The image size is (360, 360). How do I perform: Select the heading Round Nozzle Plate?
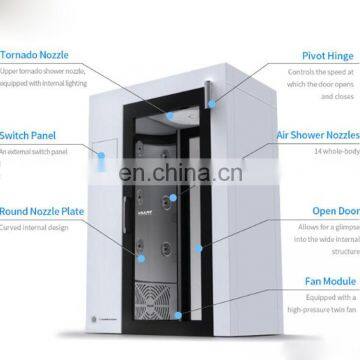click(41, 211)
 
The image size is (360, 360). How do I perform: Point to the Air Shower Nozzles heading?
click(317, 134)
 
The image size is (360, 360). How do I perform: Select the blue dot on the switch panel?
click(102, 154)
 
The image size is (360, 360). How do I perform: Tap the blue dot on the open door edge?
click(199, 246)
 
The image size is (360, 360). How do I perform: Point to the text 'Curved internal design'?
click(35, 227)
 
